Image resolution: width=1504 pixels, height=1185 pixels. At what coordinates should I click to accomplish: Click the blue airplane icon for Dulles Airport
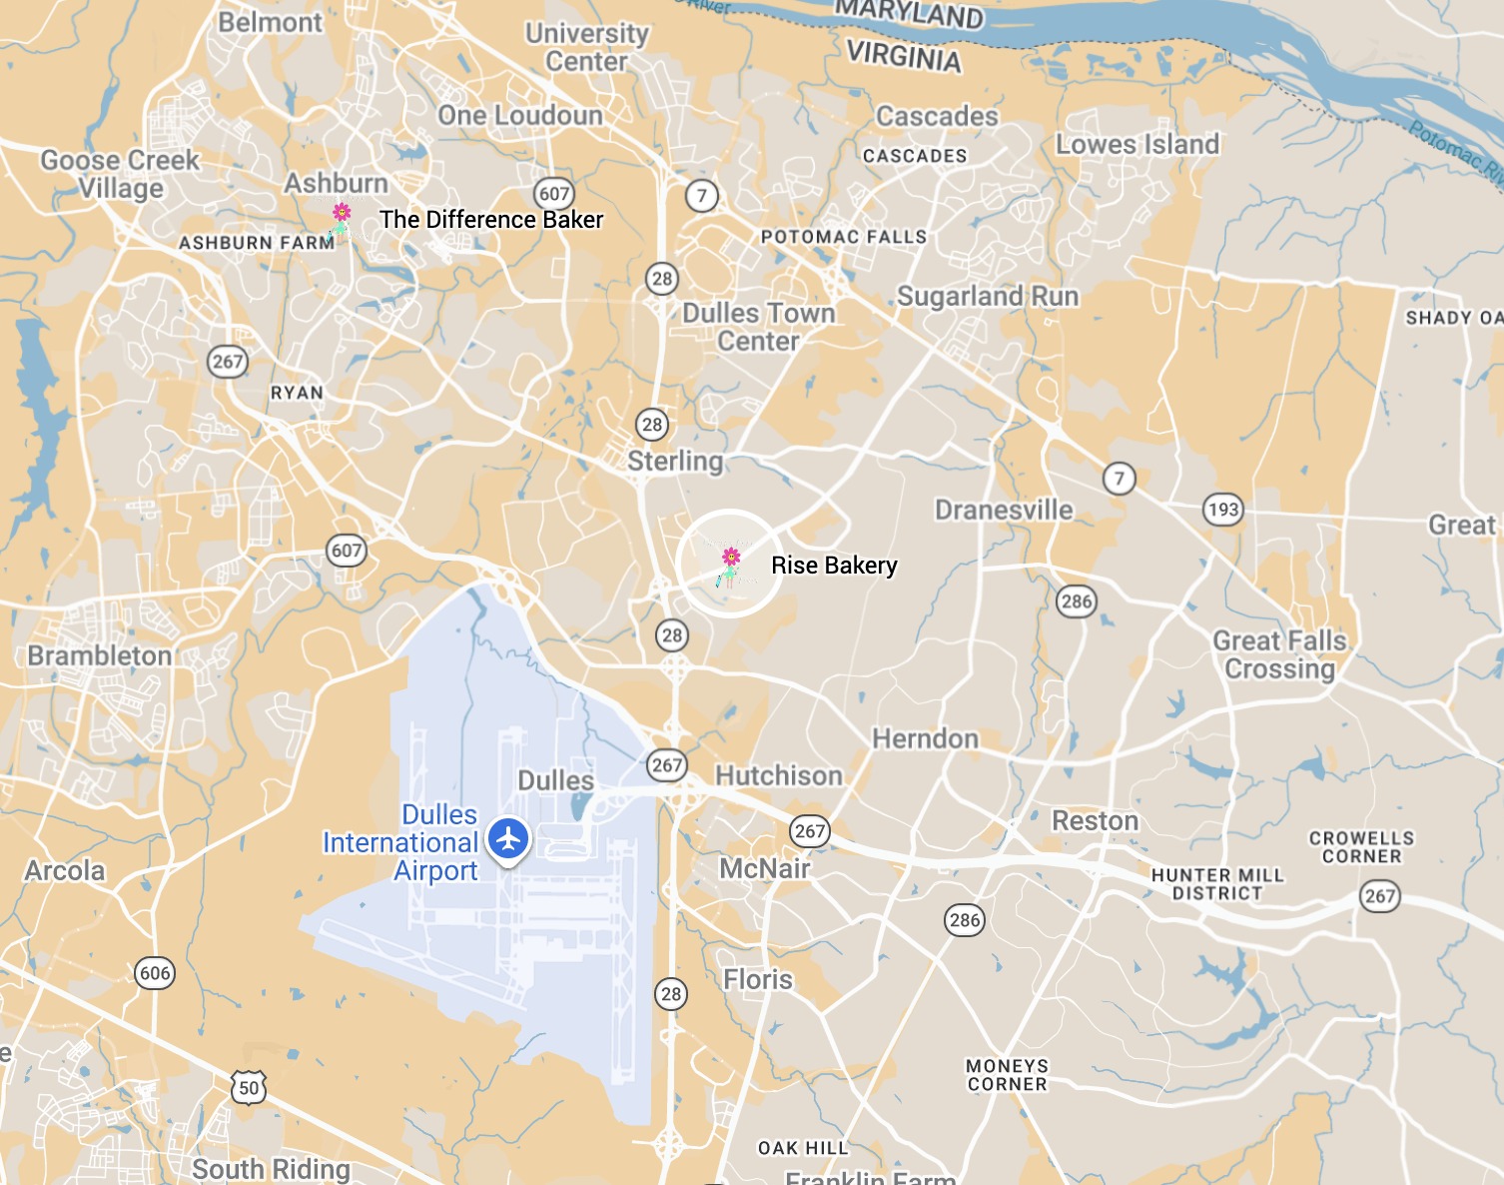509,839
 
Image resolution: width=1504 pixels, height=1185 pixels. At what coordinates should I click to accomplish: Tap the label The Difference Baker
491,220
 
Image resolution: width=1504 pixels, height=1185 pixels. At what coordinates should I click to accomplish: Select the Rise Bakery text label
834,566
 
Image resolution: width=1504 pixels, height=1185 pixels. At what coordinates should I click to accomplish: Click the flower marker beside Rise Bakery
731,562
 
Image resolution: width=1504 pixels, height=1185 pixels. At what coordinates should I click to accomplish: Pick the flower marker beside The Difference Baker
342,217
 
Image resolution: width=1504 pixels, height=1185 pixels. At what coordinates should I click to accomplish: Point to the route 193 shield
1223,510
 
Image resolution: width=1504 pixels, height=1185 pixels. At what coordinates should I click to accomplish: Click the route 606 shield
155,973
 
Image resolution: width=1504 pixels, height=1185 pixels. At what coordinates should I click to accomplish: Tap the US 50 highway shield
249,1087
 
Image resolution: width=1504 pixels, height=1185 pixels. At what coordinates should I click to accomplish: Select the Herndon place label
925,739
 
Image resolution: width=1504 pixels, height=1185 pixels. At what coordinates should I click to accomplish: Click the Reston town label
1095,821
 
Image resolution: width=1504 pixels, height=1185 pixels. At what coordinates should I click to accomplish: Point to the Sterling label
675,461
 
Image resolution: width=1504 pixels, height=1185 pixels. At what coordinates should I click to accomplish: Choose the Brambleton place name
100,655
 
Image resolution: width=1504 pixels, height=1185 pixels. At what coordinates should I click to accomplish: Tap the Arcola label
65,870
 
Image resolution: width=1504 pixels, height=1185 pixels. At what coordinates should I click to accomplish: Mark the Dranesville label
1004,510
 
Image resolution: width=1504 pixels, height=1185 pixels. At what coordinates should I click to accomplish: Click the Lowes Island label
1137,145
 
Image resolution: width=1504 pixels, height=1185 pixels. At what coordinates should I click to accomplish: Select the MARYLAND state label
909,15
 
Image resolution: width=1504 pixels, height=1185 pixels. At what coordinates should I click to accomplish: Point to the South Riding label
271,1168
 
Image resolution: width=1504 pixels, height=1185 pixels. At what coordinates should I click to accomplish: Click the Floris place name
758,979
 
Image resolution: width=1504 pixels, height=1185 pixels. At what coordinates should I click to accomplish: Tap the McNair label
765,868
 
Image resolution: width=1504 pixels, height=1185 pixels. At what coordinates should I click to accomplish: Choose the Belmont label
271,22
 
